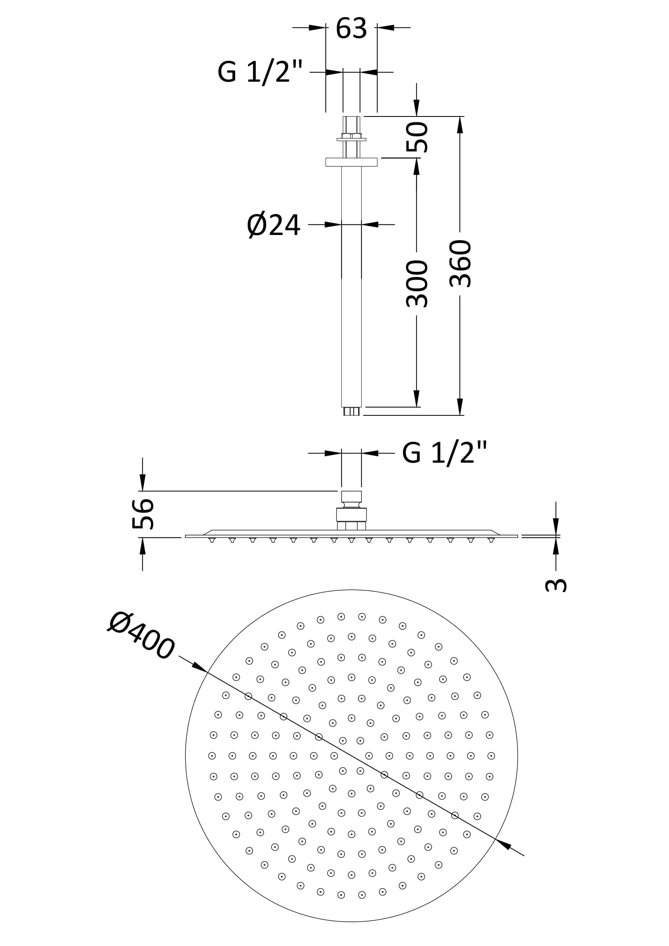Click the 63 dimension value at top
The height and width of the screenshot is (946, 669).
pos(351,28)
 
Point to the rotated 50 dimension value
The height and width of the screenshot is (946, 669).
pos(417,137)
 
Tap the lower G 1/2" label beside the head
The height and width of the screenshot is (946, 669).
pos(444,453)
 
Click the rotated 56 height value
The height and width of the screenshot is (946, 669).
pos(142,514)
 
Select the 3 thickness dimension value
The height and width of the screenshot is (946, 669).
pos(556,586)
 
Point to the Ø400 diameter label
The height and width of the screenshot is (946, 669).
pos(141,637)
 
